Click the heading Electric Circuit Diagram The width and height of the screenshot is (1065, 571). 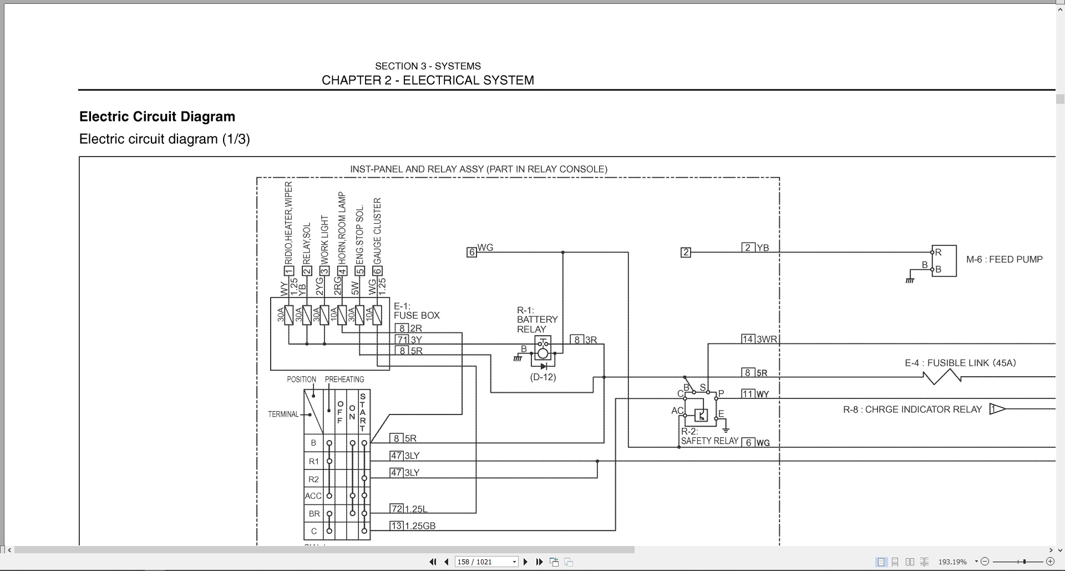(157, 117)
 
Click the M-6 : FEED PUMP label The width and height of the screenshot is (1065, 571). (1004, 259)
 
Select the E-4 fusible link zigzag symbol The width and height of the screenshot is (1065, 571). (942, 377)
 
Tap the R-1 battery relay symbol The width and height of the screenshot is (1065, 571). (543, 352)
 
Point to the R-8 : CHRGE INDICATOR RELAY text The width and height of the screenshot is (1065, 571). (912, 410)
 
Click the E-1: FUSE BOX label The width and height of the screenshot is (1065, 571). (417, 311)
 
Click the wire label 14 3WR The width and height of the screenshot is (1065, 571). (759, 339)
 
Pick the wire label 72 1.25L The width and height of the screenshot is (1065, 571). (409, 509)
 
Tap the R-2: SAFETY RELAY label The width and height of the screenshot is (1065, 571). (709, 437)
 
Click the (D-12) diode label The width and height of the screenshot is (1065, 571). (542, 377)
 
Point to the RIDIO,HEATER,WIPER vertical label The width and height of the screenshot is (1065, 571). (288, 222)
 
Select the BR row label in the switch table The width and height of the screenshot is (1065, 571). (313, 514)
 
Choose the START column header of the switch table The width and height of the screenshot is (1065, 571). (363, 412)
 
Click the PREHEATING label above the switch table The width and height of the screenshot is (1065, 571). (344, 380)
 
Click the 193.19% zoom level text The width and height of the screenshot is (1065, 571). (952, 562)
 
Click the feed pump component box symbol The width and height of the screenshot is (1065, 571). (944, 261)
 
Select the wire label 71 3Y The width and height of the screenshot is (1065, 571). (409, 340)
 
